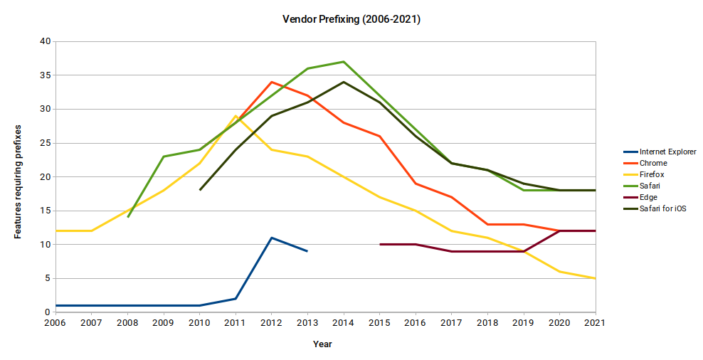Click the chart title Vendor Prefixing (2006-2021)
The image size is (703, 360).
click(351, 20)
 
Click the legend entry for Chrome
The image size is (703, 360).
click(653, 163)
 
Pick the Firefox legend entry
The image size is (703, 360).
click(652, 174)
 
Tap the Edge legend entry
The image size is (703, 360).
click(648, 197)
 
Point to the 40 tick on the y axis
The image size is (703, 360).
click(45, 41)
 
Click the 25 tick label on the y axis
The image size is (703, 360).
click(45, 143)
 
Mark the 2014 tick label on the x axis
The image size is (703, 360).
click(344, 323)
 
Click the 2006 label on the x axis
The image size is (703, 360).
click(55, 323)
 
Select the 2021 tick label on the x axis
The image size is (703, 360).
click(595, 323)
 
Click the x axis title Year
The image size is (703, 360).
click(322, 344)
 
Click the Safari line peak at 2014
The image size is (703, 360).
click(344, 62)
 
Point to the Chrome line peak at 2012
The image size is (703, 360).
click(271, 82)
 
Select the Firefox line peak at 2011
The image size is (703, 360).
click(236, 116)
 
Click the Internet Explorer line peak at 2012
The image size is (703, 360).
click(271, 238)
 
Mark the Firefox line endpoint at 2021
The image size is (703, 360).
click(595, 278)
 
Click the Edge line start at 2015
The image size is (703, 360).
click(380, 244)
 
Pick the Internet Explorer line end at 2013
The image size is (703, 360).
click(307, 251)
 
